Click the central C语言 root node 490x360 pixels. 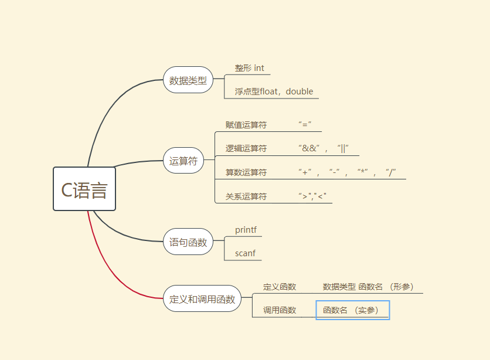tap(84, 189)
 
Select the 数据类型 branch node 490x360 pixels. tap(188, 80)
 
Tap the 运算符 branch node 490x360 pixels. tap(183, 161)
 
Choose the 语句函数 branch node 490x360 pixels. tap(188, 242)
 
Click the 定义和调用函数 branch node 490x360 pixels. tap(202, 298)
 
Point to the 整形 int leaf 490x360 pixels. tap(249, 68)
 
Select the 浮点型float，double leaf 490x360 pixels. tap(274, 91)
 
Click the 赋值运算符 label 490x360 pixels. tap(246, 125)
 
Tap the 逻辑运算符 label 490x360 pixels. tap(246, 148)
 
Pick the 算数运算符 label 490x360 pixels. tap(246, 172)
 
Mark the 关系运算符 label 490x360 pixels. tap(246, 196)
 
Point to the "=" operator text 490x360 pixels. tap(305, 125)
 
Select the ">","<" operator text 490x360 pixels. tap(312, 196)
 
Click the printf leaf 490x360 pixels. tap(246, 230)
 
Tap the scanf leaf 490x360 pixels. tap(245, 254)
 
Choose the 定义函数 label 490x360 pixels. tap(280, 287)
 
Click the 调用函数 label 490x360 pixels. tap(280, 310)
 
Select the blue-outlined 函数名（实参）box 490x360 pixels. tap(352, 310)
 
